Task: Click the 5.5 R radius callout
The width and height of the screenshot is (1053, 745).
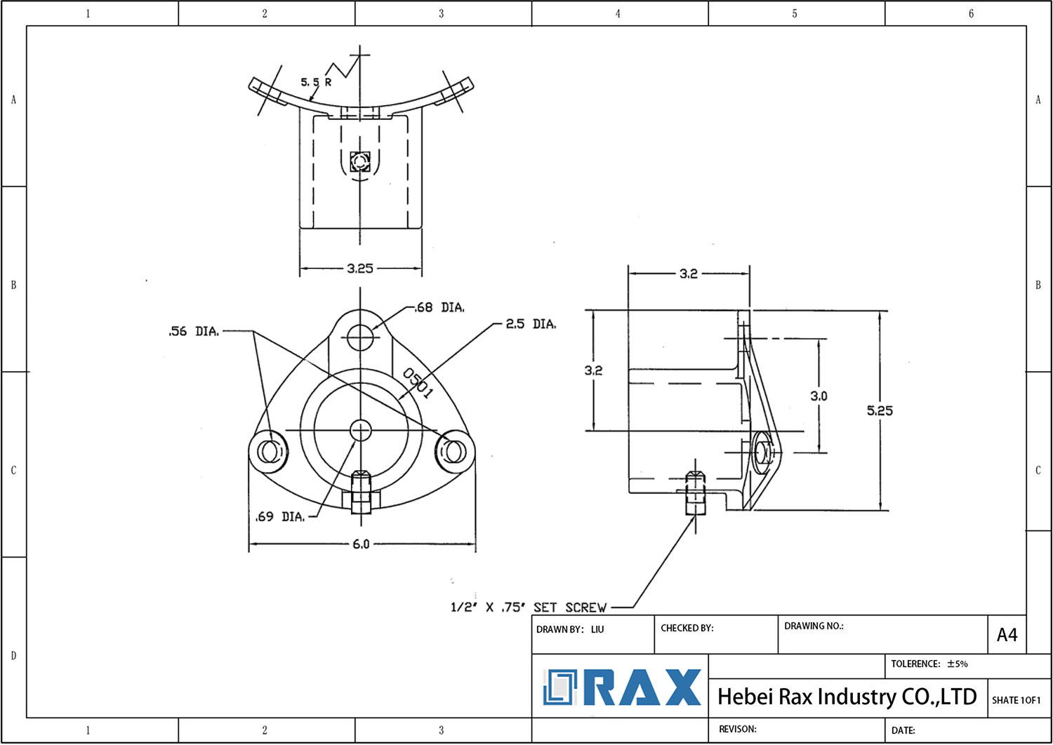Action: click(316, 82)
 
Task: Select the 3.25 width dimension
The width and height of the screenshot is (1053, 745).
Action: click(360, 268)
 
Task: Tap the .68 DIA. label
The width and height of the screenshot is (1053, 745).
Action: click(439, 307)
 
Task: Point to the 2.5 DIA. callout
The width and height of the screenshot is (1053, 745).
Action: click(531, 324)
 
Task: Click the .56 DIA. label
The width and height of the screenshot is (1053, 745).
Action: click(194, 331)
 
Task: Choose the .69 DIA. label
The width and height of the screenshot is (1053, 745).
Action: click(280, 517)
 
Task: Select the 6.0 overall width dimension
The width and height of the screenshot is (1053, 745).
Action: click(361, 544)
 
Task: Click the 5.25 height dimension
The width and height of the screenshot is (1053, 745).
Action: click(880, 410)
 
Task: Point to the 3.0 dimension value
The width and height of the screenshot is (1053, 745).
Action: click(819, 396)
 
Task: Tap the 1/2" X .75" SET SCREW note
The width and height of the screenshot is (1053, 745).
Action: click(528, 608)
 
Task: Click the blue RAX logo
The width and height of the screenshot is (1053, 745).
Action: click(622, 687)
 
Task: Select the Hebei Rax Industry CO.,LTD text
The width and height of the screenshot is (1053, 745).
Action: click(847, 697)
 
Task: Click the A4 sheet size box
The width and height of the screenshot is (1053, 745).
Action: click(1007, 635)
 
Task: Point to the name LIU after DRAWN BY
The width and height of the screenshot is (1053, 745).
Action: click(597, 629)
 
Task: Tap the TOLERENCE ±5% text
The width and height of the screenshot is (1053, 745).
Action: click(929, 664)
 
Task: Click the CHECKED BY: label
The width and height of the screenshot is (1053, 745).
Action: click(687, 628)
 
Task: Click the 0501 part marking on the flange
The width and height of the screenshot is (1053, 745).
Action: click(418, 384)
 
